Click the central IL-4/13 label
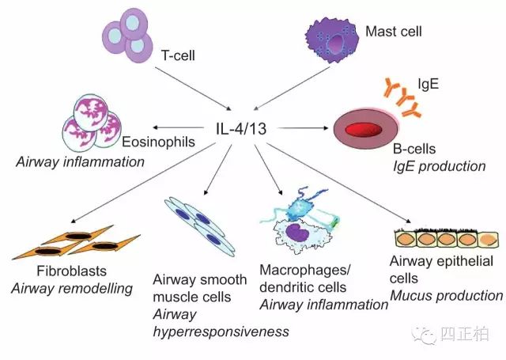tap(241, 128)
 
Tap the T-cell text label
tap(178, 55)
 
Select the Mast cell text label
tap(394, 32)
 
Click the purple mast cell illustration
tap(331, 40)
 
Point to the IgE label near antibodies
tap(429, 84)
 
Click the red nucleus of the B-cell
tap(364, 130)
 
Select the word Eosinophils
tap(158, 142)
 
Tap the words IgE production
tap(440, 166)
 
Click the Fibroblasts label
tap(72, 271)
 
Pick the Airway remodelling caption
tap(72, 288)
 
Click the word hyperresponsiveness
tap(221, 332)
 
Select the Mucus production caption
tap(447, 295)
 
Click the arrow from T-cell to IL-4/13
tap(193, 88)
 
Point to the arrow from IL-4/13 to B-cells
tap(303, 128)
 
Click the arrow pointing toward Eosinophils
tap(178, 127)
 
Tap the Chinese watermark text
tap(464, 334)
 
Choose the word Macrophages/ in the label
tap(304, 271)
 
